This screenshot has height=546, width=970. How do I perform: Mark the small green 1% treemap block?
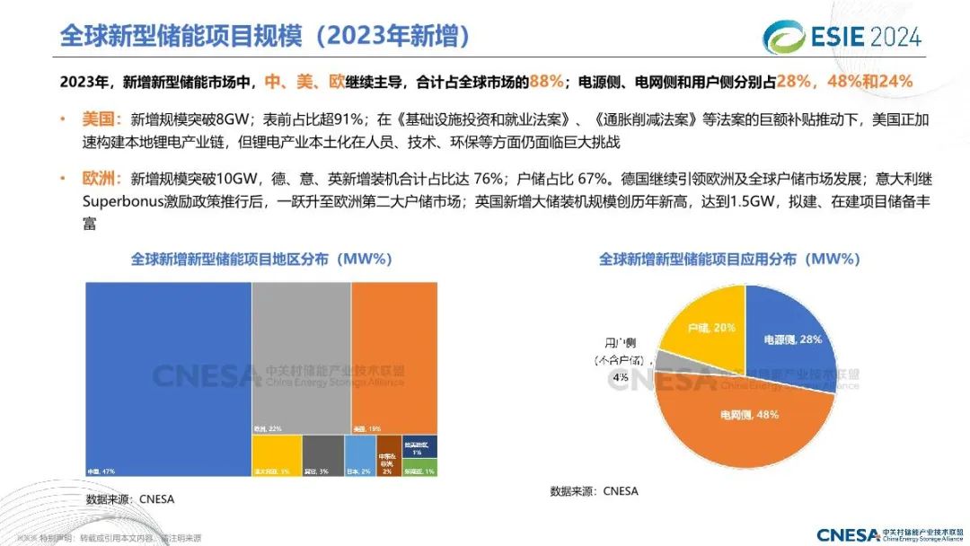pos(419,467)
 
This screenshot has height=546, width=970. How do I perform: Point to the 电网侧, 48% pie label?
pos(749,414)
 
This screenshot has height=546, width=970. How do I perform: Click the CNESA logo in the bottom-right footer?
pos(889,534)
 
